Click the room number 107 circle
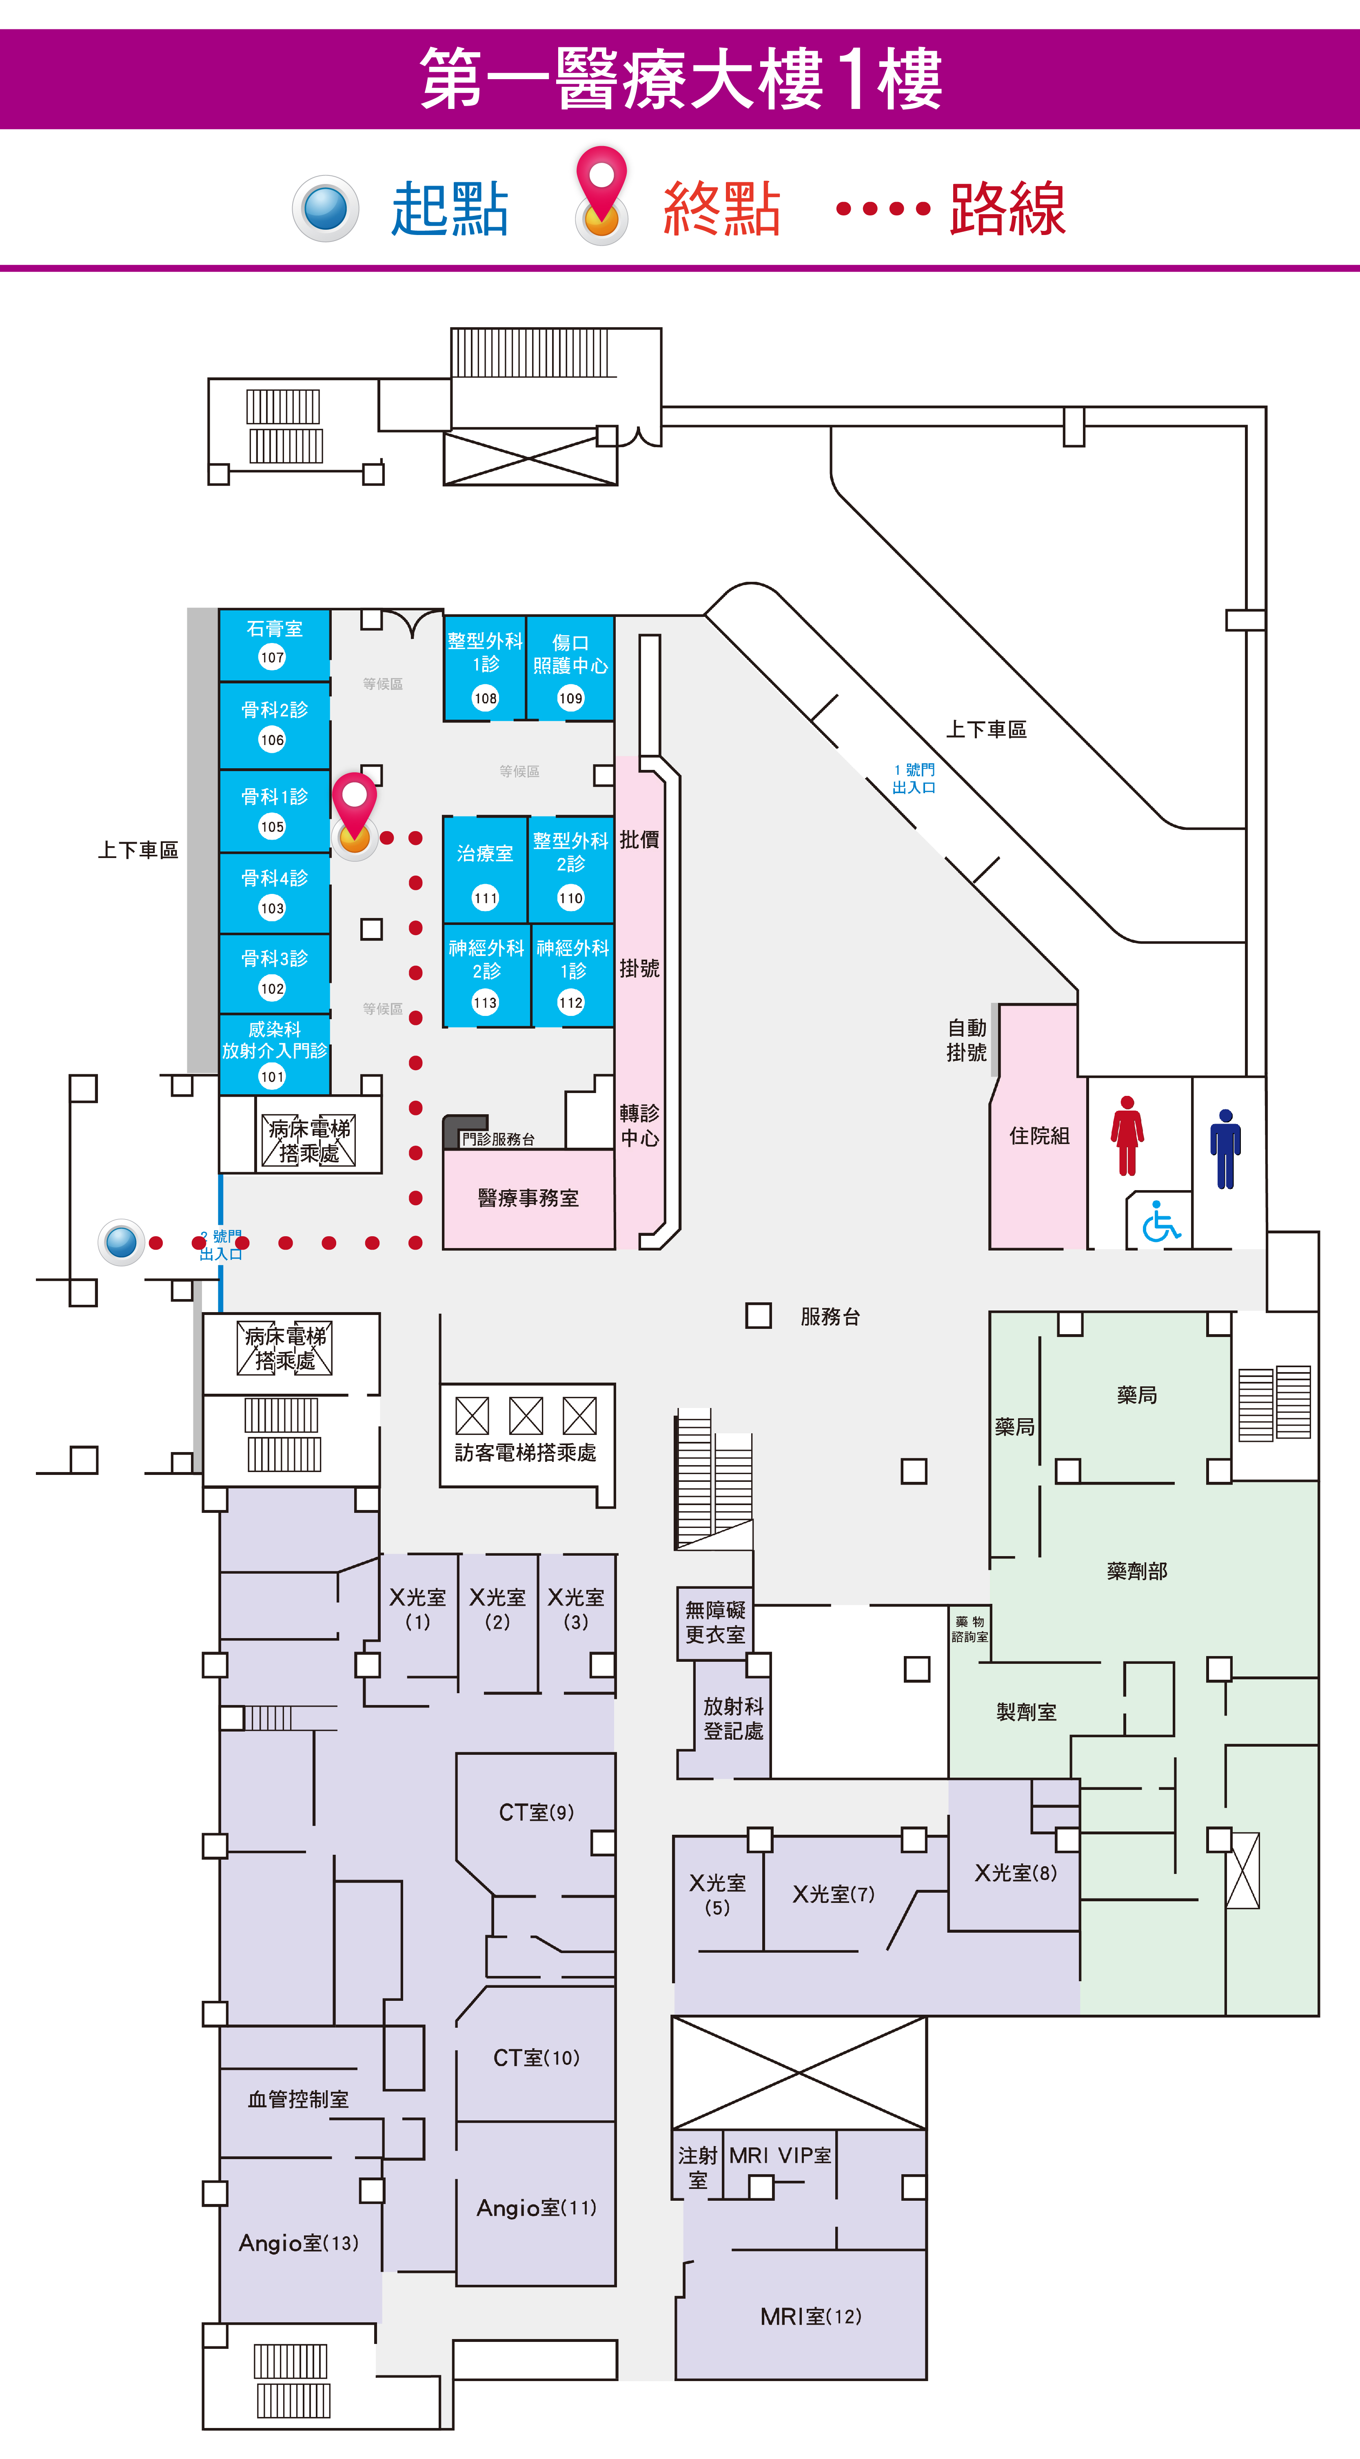pyautogui.click(x=272, y=657)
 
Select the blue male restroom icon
pyautogui.click(x=1225, y=1149)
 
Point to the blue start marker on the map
pyautogui.click(x=121, y=1242)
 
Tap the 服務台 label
pyautogui.click(x=830, y=1316)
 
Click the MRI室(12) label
pyautogui.click(x=810, y=2316)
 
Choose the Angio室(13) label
pyautogui.click(x=299, y=2242)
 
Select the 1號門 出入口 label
pyautogui.click(x=913, y=778)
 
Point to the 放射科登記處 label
pyautogui.click(x=733, y=1718)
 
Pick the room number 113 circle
pyautogui.click(x=485, y=1002)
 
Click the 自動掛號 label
pyautogui.click(x=967, y=1040)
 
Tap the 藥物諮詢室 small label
pyautogui.click(x=970, y=1628)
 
